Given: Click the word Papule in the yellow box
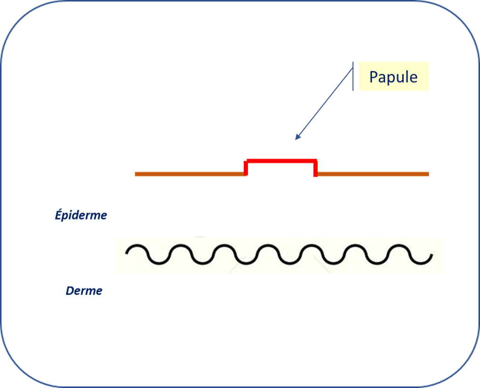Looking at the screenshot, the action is pyautogui.click(x=393, y=77).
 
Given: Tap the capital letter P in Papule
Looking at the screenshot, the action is pyautogui.click(x=374, y=76).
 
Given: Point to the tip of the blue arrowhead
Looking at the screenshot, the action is pyautogui.click(x=296, y=140).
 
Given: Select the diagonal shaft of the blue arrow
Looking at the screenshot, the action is pyautogui.click(x=324, y=103).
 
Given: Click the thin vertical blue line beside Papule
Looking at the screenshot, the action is pyautogui.click(x=353, y=76).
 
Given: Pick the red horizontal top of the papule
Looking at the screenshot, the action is pyautogui.click(x=281, y=160).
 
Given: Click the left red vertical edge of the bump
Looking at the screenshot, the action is pyautogui.click(x=246, y=168).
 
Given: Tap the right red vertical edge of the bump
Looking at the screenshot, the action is pyautogui.click(x=315, y=168).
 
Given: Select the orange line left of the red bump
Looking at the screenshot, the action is pyautogui.click(x=190, y=174).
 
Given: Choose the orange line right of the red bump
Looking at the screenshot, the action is pyautogui.click(x=373, y=174).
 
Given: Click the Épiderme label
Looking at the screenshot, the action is pyautogui.click(x=81, y=215).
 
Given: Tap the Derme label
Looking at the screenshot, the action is pyautogui.click(x=84, y=291).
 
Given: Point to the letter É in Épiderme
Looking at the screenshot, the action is pyautogui.click(x=59, y=215).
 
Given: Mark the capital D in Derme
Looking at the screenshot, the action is pyautogui.click(x=70, y=291).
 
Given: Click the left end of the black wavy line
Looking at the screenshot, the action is pyautogui.click(x=126, y=253).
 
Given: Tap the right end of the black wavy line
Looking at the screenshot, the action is pyautogui.click(x=431, y=255).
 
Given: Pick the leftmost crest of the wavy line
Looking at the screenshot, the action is pyautogui.click(x=137, y=246).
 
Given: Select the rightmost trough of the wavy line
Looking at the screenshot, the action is pyautogui.click(x=421, y=264).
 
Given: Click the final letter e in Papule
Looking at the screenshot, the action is pyautogui.click(x=413, y=78).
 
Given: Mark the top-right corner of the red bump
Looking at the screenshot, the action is pyautogui.click(x=316, y=160).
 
